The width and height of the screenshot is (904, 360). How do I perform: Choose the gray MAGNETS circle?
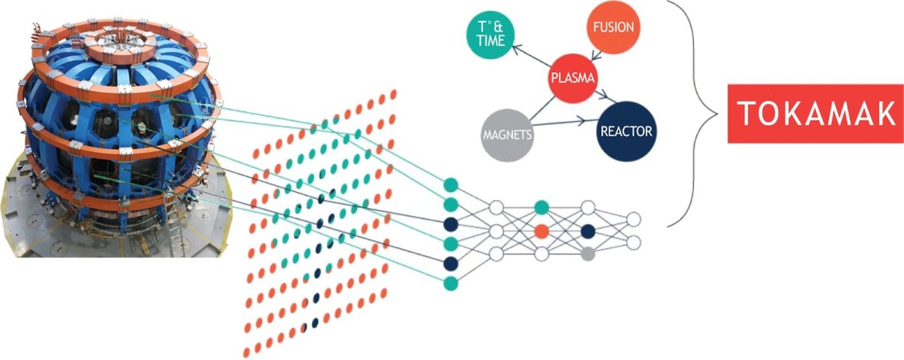pyautogui.click(x=506, y=136)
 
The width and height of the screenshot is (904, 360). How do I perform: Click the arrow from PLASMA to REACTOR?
pyautogui.click(x=603, y=96)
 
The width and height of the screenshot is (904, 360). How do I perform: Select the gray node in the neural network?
pyautogui.click(x=588, y=255)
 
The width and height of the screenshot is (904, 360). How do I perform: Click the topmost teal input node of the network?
pyautogui.click(x=451, y=185)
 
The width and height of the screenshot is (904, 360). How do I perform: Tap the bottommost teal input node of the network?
pyautogui.click(x=451, y=282)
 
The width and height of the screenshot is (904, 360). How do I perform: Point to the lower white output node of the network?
pyautogui.click(x=634, y=243)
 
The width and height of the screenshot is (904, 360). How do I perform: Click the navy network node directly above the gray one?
pyautogui.click(x=588, y=230)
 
